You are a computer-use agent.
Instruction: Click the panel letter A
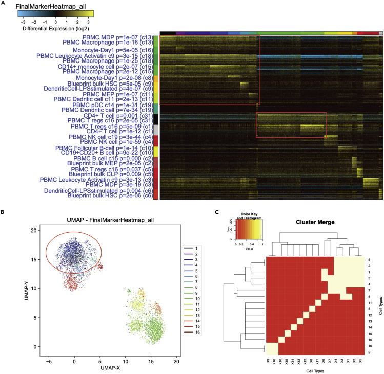pos(3,4)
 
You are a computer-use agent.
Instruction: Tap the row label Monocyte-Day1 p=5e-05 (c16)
pos(113,50)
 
